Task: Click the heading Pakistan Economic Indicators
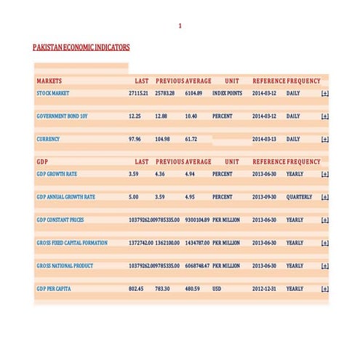81,47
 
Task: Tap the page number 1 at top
180,26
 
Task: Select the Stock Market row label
53,94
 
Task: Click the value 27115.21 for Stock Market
138,94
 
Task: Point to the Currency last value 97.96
135,139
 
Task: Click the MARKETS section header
49,81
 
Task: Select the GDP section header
43,161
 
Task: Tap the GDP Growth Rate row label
57,175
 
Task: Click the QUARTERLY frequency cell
299,197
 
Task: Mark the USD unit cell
217,289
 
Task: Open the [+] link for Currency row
324,139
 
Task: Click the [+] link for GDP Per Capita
324,289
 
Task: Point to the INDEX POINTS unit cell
227,94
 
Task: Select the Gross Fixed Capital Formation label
72,243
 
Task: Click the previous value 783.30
162,289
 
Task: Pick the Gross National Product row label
65,266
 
